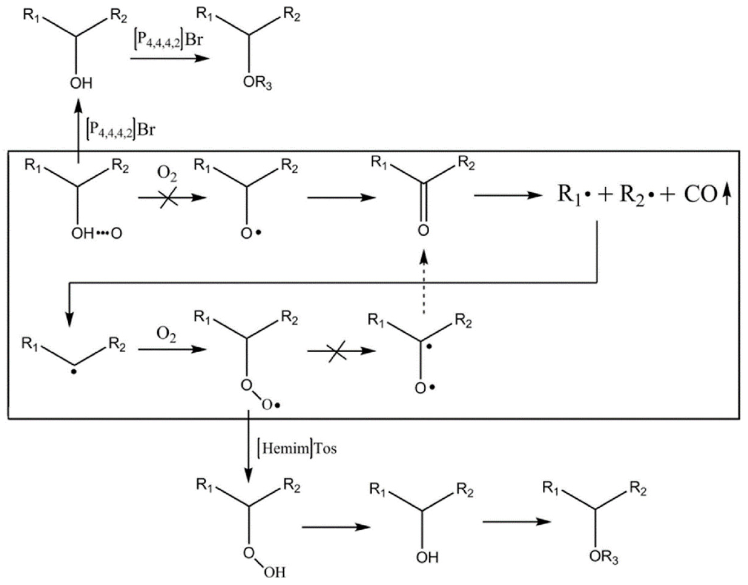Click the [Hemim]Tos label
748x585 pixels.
point(297,448)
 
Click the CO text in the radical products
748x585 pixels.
point(701,195)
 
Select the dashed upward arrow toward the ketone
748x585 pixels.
point(424,281)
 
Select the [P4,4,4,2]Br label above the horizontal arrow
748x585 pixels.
point(168,40)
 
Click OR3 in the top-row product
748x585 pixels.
point(257,83)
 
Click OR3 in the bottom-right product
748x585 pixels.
point(604,557)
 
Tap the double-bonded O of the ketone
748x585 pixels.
point(424,230)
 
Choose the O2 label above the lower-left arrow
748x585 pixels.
point(166,334)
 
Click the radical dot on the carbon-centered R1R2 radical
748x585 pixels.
point(74,371)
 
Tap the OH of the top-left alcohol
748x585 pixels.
point(81,83)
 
